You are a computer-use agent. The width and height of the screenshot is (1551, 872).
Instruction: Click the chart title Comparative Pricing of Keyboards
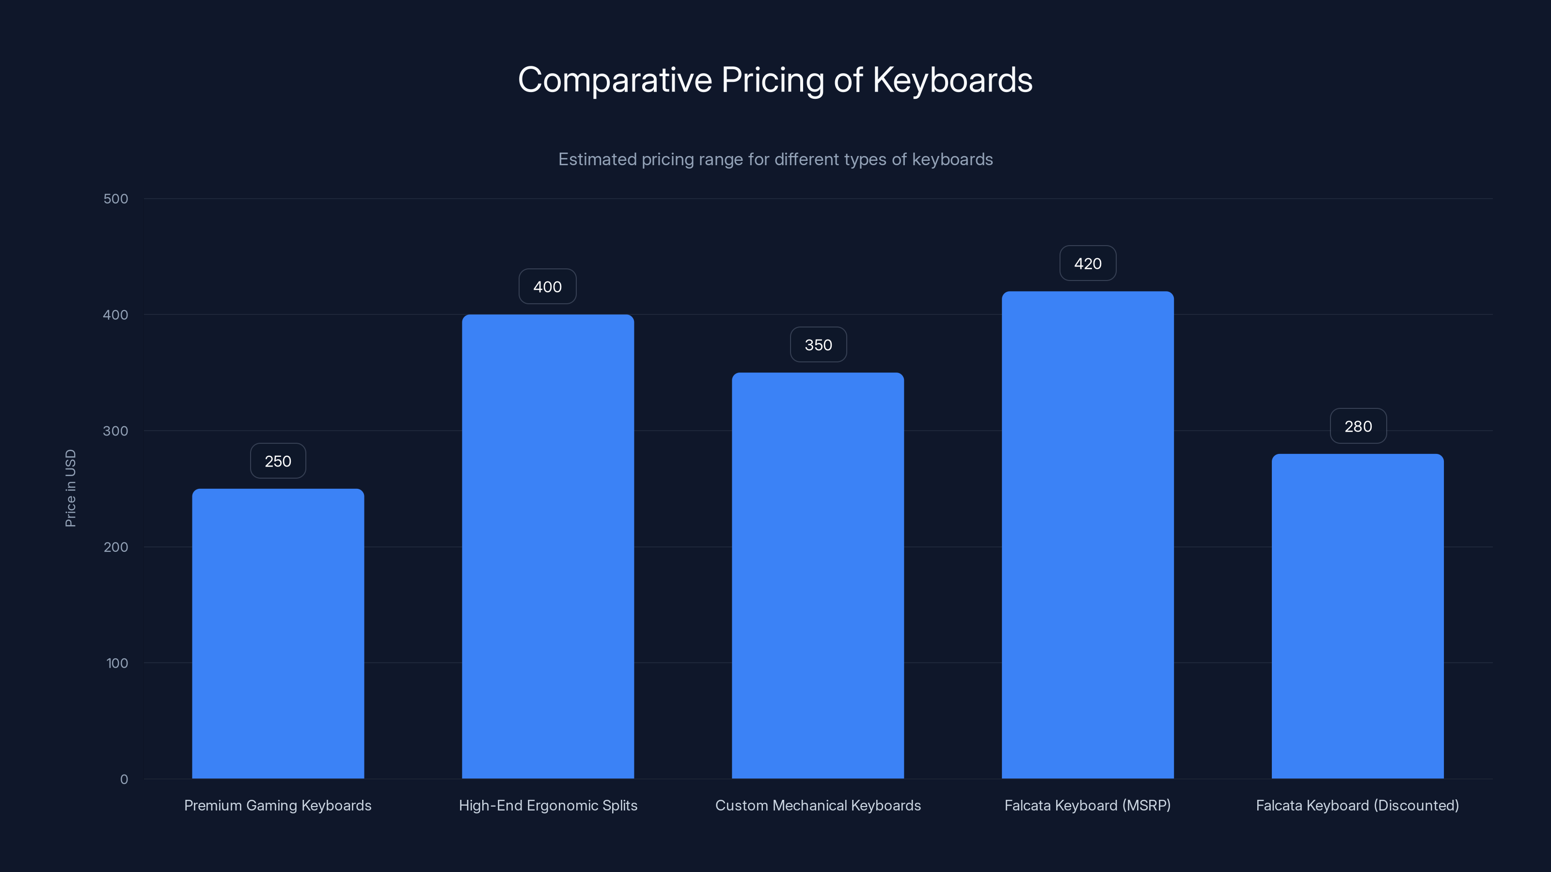click(775, 80)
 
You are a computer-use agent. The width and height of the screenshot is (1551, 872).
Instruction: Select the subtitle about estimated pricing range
click(775, 159)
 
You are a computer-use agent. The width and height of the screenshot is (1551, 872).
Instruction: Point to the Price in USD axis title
click(70, 488)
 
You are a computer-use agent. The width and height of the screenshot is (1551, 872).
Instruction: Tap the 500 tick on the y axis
click(116, 199)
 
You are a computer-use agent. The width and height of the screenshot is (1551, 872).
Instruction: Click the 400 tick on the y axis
click(116, 315)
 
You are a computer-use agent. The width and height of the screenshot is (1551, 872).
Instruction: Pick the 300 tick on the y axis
click(116, 431)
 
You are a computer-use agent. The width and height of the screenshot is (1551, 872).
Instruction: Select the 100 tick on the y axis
click(117, 663)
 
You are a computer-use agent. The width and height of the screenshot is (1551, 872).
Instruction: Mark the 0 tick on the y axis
click(124, 779)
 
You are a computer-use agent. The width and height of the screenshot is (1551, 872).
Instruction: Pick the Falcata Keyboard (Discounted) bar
click(1357, 616)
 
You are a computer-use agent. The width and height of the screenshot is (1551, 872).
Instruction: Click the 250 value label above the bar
click(278, 461)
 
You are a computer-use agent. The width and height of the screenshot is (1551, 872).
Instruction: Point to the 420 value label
click(1087, 264)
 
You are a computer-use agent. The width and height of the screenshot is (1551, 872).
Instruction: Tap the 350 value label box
click(818, 345)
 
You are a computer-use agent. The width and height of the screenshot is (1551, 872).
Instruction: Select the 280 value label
click(1358, 426)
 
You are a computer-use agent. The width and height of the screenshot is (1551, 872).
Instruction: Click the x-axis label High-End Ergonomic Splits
click(547, 805)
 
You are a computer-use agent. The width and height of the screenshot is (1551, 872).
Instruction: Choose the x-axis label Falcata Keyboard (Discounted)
click(1357, 805)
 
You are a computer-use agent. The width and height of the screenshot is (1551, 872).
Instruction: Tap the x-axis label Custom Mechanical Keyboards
click(818, 805)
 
